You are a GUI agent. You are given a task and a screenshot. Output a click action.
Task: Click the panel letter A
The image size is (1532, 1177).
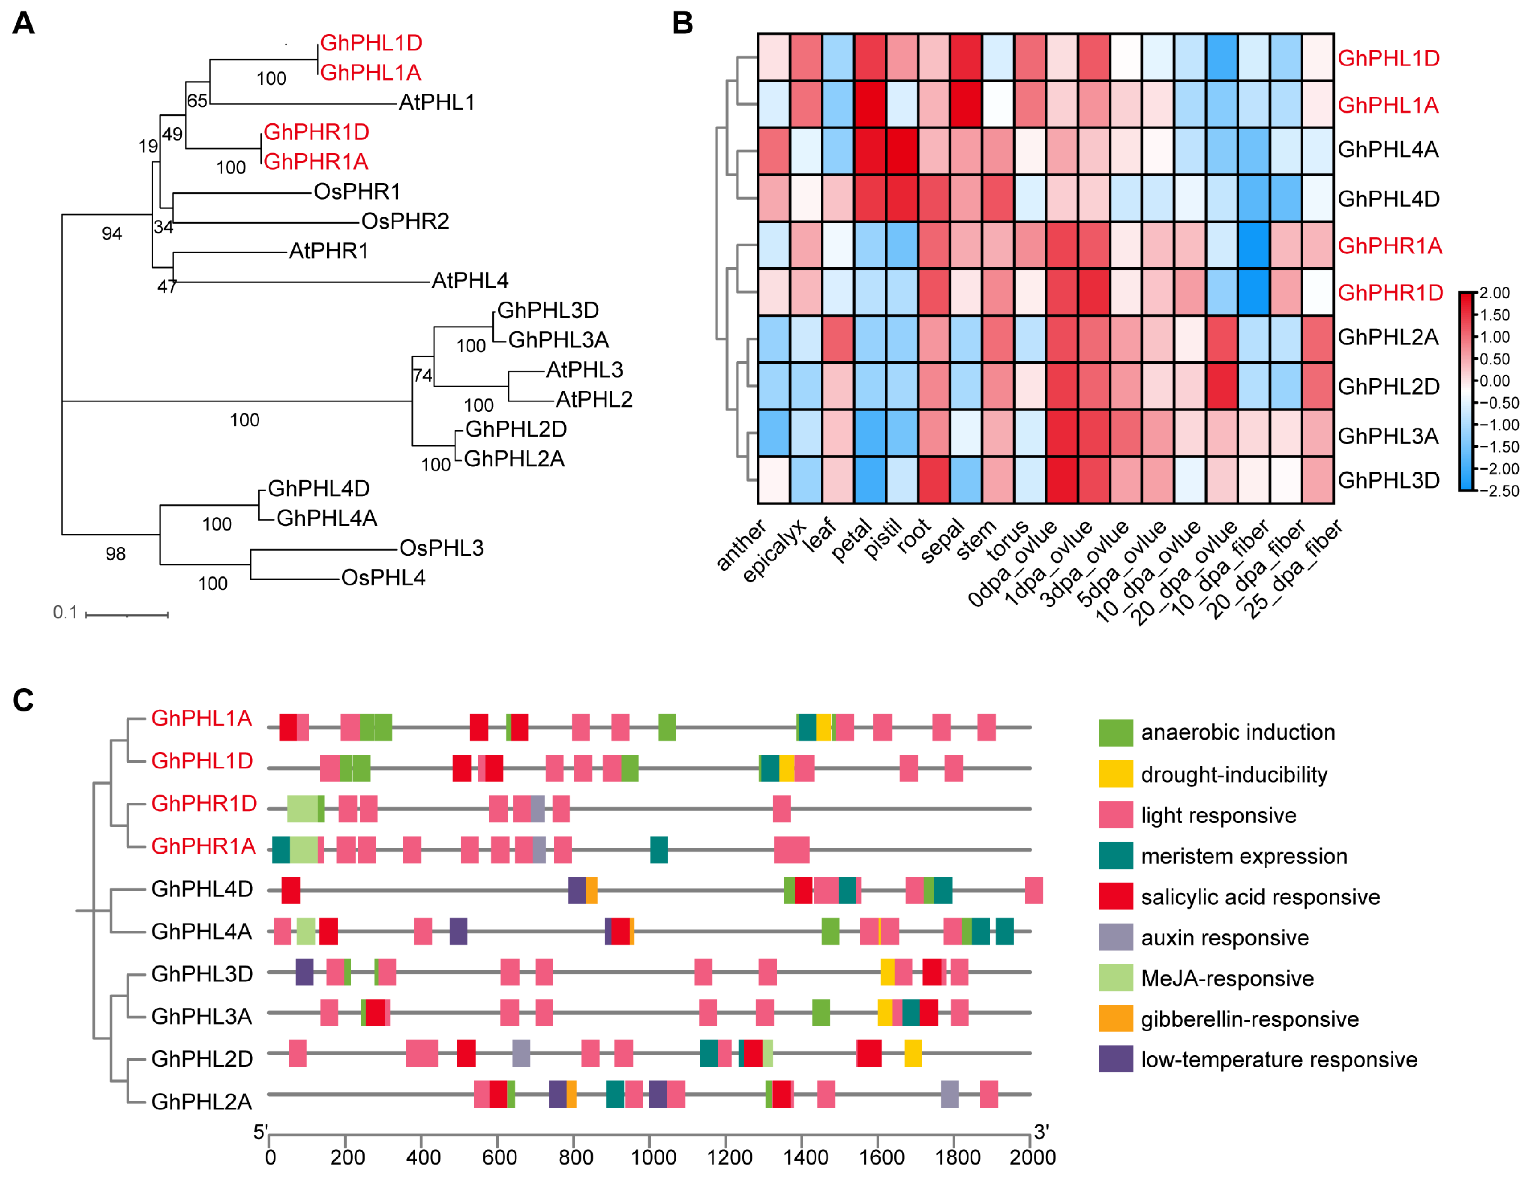coord(23,23)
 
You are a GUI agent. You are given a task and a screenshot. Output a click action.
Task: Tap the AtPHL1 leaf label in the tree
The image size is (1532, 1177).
coord(437,102)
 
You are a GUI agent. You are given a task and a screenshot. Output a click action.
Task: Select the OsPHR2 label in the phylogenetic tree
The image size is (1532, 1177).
coord(405,221)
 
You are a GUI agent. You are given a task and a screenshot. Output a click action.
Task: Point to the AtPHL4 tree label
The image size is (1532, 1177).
coord(470,281)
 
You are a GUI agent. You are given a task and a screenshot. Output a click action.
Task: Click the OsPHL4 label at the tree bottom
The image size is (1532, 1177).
coord(383,578)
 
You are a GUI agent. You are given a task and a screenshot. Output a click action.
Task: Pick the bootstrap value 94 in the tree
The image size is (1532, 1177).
coord(112,233)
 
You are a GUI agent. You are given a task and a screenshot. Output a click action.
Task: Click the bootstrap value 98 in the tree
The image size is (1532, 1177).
coord(116,554)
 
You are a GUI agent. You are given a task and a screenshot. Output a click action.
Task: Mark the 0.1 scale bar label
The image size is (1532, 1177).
coord(65,612)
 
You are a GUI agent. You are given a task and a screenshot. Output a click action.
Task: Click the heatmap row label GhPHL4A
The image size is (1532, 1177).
coord(1388,149)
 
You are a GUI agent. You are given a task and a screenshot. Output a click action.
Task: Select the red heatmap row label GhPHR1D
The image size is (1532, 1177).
coord(1390,293)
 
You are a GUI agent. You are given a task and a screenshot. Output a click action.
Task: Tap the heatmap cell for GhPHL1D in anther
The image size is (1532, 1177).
coord(774,57)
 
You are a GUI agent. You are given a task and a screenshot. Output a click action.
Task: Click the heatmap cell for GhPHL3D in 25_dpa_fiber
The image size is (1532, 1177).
coord(1318,480)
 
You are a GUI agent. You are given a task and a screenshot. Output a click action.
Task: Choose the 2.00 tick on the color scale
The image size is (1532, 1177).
coord(1495,293)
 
